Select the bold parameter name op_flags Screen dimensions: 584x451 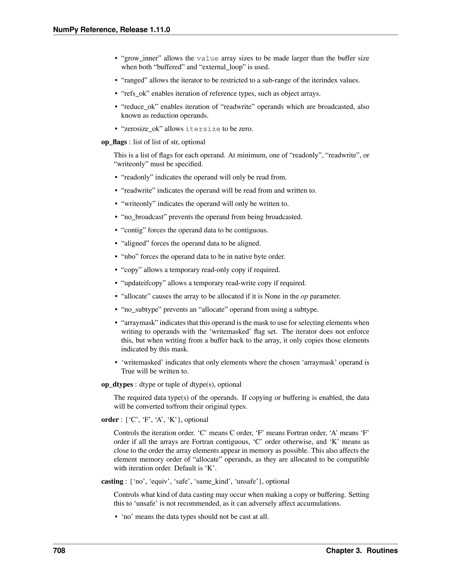point(114,142)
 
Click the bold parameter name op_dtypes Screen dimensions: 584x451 point(117,384)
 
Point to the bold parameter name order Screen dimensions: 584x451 point(109,420)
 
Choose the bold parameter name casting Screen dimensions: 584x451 point(112,481)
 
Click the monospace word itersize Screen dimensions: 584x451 point(203,129)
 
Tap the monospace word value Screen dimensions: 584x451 point(208,58)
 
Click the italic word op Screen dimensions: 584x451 point(304,296)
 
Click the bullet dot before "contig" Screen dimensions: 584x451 point(116,230)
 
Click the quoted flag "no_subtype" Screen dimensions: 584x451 point(141,309)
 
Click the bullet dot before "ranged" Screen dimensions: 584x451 point(116,80)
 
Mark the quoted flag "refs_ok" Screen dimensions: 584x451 point(135,94)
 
